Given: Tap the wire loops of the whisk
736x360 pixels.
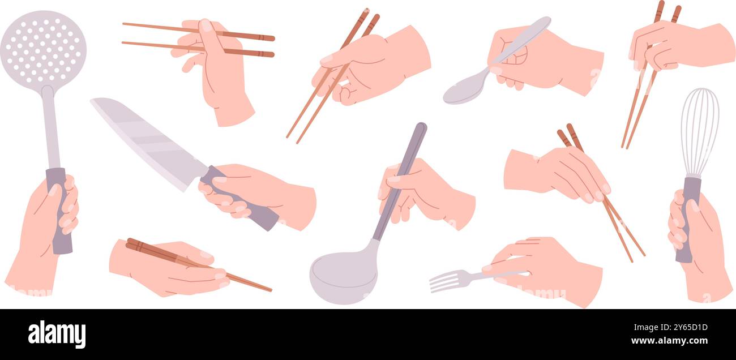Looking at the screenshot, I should pyautogui.click(x=699, y=130).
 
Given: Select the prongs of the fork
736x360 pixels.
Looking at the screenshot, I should pyautogui.click(x=444, y=281).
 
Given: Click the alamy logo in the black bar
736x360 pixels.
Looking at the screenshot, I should pyautogui.click(x=57, y=334).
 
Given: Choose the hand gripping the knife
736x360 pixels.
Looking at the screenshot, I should pyautogui.click(x=266, y=192).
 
